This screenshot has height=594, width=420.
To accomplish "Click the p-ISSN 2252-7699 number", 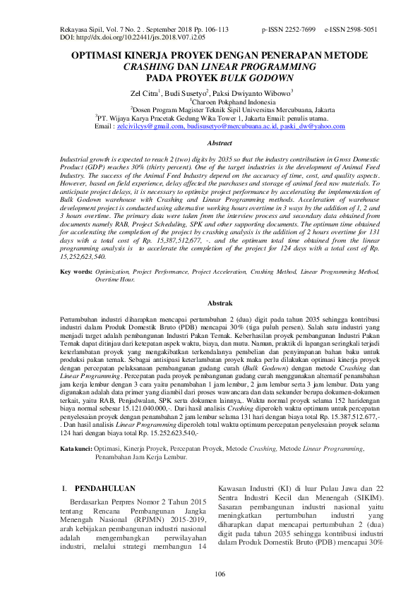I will [x=289, y=31].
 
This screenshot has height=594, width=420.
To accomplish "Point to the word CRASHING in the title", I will [x=148, y=66].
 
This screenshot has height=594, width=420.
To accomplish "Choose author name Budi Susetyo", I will [x=189, y=92].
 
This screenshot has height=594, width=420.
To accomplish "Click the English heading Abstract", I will [x=210, y=143].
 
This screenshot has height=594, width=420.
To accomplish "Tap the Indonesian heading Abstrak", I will [x=210, y=302].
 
